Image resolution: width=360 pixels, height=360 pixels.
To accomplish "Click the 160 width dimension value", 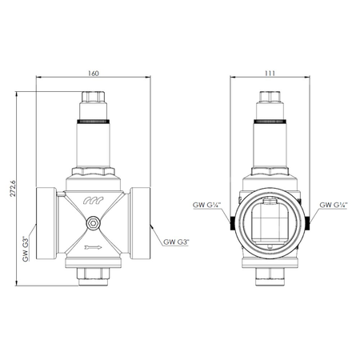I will click(95, 74).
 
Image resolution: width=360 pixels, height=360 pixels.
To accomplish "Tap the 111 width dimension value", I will click(269, 74).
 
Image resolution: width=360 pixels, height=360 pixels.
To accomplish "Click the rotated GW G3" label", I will click(26, 250).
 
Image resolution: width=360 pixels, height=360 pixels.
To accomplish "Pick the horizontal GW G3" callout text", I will click(178, 241).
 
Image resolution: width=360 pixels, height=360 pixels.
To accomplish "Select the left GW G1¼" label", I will click(206, 206).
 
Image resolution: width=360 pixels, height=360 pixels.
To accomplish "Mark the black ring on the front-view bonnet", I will click(95, 122).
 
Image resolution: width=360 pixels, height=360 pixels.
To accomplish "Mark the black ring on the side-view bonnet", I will click(269, 122).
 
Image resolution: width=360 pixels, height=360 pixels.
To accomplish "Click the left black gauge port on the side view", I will click(230, 222).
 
